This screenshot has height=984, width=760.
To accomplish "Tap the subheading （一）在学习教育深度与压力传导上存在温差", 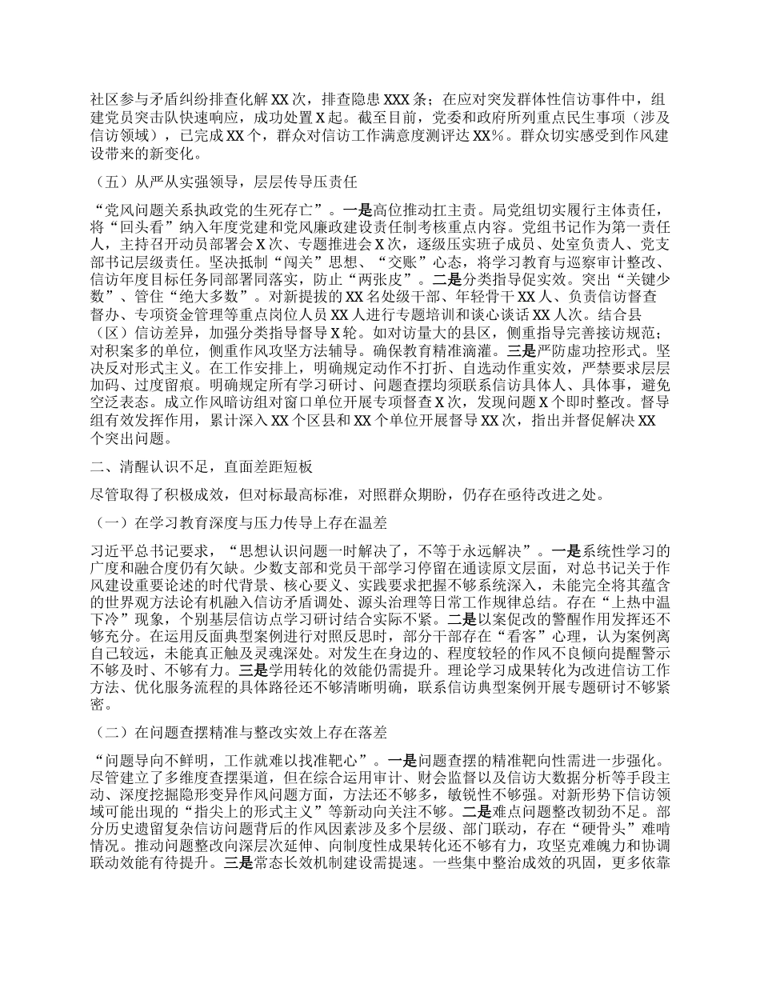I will (241, 523).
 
